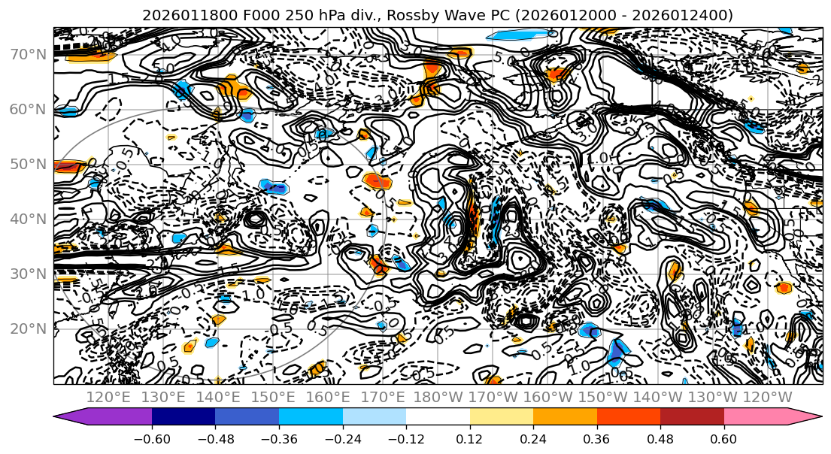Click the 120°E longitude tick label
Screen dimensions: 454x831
point(109,397)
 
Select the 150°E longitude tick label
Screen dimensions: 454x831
point(274,397)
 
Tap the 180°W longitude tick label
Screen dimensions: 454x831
point(438,397)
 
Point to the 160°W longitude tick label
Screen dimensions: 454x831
point(548,397)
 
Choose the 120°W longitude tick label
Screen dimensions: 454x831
point(767,397)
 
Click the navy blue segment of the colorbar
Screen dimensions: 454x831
point(183,416)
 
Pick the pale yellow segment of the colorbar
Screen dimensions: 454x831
point(502,416)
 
